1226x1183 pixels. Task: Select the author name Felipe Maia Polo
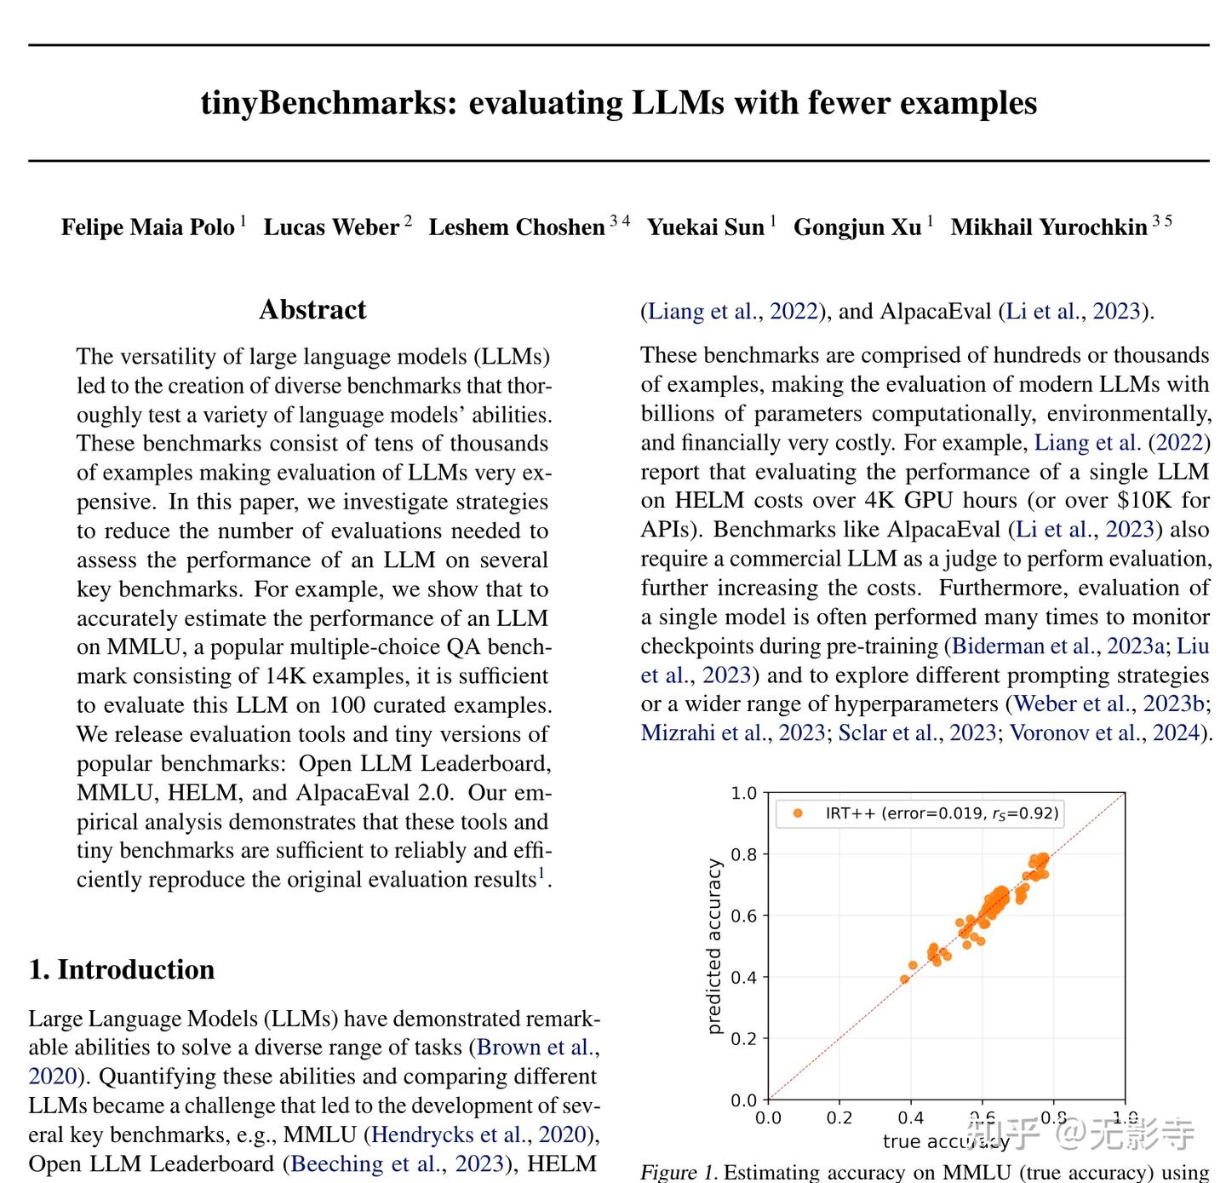tap(147, 227)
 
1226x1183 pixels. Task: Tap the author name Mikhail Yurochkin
tap(1048, 227)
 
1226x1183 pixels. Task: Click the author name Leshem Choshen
tap(516, 227)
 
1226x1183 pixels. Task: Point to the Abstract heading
tap(312, 310)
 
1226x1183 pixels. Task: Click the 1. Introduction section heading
tap(122, 969)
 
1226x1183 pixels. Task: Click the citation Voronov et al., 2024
tap(1104, 732)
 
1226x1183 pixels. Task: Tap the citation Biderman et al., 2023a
tap(1058, 646)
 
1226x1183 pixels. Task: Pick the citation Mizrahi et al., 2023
tap(732, 732)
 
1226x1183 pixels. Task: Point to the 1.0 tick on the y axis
tap(743, 793)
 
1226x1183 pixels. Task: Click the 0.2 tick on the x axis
tap(839, 1117)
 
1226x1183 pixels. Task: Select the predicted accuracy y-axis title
tap(714, 946)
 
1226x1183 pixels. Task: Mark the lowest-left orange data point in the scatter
tap(904, 979)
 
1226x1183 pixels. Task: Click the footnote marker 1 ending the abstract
tap(541, 873)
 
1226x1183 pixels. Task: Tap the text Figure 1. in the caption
tap(678, 1173)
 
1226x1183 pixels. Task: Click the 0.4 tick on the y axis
tap(743, 977)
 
